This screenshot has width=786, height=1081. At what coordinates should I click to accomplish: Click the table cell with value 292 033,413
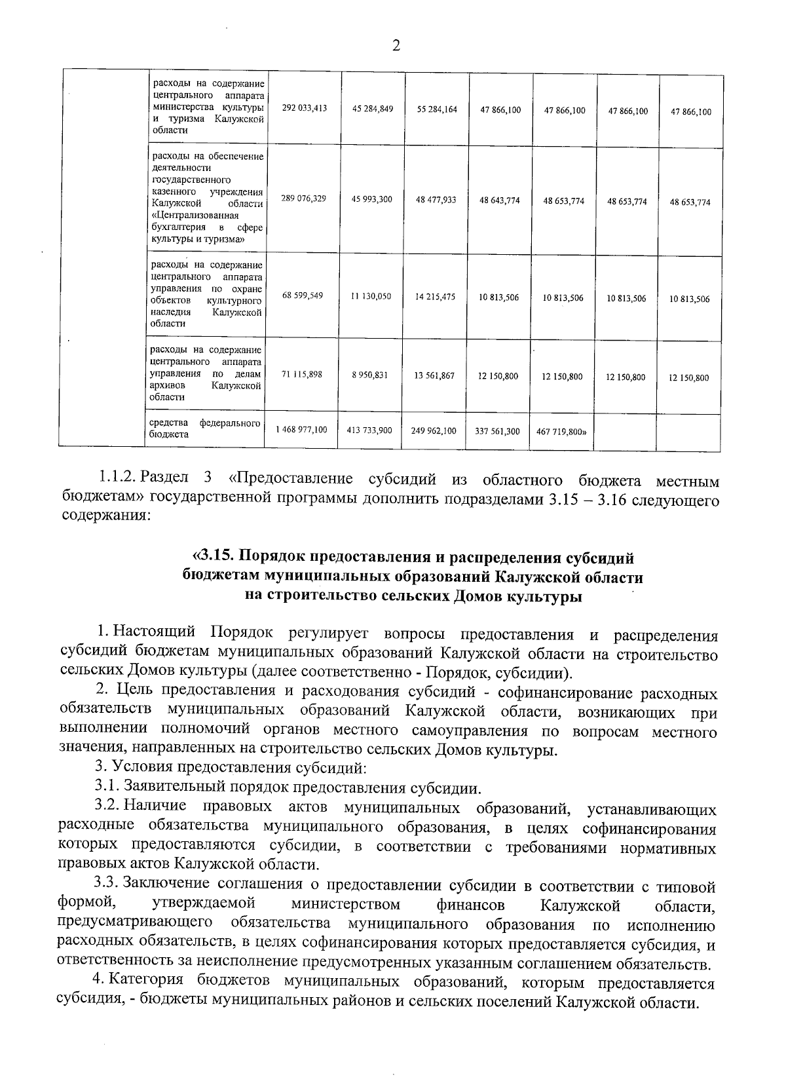304,109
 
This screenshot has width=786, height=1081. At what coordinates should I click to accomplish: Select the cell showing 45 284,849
372,109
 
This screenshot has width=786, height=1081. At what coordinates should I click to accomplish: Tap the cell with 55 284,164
436,110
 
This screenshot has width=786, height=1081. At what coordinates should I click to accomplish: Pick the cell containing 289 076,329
303,199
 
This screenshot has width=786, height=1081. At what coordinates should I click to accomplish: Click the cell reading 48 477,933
436,200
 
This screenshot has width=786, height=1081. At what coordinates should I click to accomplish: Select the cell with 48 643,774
500,200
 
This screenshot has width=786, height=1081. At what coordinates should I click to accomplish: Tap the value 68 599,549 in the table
303,296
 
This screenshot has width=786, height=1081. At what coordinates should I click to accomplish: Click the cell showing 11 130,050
371,297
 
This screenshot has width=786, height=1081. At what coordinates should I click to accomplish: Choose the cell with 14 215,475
435,297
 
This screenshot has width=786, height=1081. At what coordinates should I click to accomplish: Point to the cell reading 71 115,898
302,374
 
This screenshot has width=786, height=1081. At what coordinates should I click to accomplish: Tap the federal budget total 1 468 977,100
301,430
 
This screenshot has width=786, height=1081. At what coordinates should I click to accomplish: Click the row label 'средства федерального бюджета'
205,428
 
